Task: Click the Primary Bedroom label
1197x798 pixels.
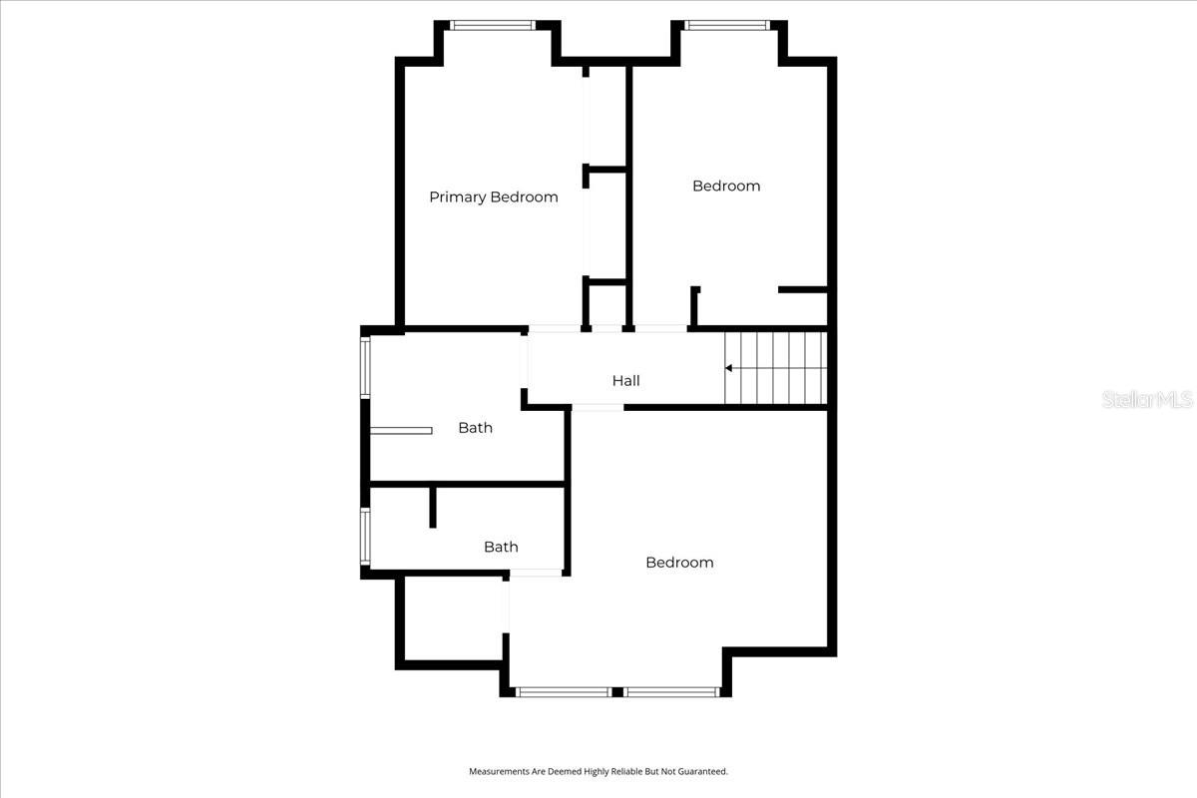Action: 493,197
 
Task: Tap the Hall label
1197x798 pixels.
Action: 625,380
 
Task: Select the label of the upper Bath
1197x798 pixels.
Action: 475,428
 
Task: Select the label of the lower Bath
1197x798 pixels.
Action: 501,547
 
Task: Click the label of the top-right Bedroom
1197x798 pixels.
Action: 726,186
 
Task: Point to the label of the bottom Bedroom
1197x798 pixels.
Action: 679,563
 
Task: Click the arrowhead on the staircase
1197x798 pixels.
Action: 729,368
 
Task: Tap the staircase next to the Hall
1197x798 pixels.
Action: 776,368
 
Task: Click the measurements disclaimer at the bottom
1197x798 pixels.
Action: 598,771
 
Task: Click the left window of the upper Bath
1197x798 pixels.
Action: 365,368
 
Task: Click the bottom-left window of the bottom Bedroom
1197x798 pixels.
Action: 564,691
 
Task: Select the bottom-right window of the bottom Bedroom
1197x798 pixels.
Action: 671,691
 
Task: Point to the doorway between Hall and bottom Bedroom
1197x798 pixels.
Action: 598,407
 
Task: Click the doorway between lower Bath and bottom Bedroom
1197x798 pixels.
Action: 538,573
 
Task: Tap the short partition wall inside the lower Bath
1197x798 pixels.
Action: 433,507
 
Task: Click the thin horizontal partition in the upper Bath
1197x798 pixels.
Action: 401,431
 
